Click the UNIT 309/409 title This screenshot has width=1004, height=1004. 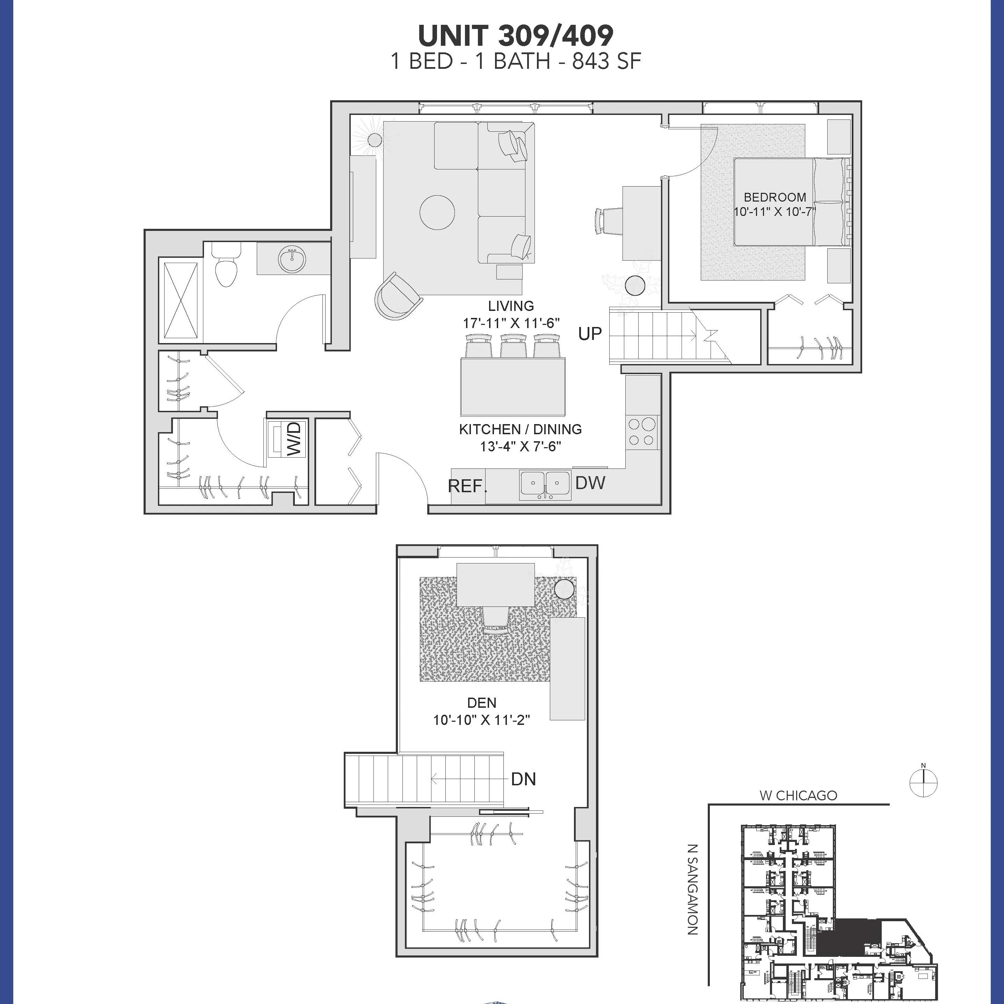click(516, 35)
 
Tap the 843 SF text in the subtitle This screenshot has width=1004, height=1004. click(606, 62)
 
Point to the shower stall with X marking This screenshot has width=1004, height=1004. click(181, 300)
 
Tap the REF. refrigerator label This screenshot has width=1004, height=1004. click(467, 486)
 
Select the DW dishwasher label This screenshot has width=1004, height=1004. click(590, 483)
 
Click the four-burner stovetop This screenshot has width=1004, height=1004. click(642, 431)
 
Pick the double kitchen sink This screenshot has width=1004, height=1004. click(545, 485)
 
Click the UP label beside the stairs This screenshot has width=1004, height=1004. click(590, 334)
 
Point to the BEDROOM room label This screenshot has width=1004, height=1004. click(775, 197)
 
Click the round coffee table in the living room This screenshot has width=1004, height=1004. click(437, 212)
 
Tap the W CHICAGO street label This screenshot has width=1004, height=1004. click(798, 795)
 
